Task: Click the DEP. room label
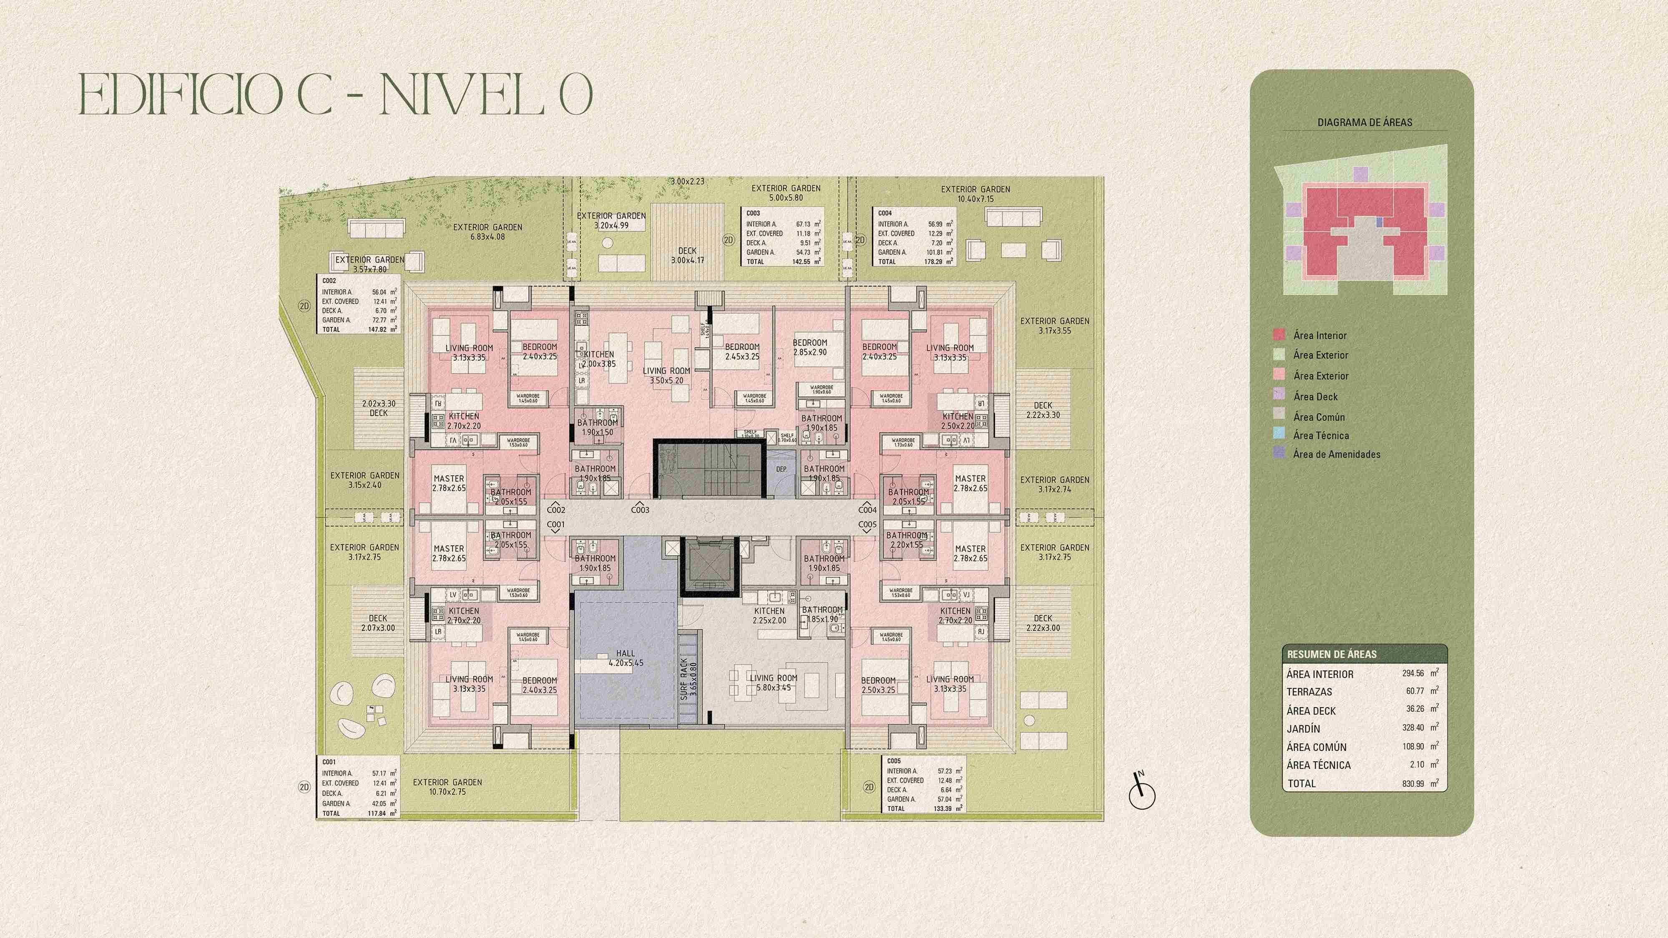tap(781, 469)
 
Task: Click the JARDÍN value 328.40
tap(1413, 727)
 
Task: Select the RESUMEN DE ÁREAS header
tap(1331, 654)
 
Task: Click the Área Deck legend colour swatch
tap(1279, 394)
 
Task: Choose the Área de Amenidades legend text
tap(1336, 454)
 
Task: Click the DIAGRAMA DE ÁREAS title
tap(1364, 122)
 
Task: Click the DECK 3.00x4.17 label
tap(687, 256)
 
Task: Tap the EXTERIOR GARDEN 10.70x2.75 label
tap(447, 787)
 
